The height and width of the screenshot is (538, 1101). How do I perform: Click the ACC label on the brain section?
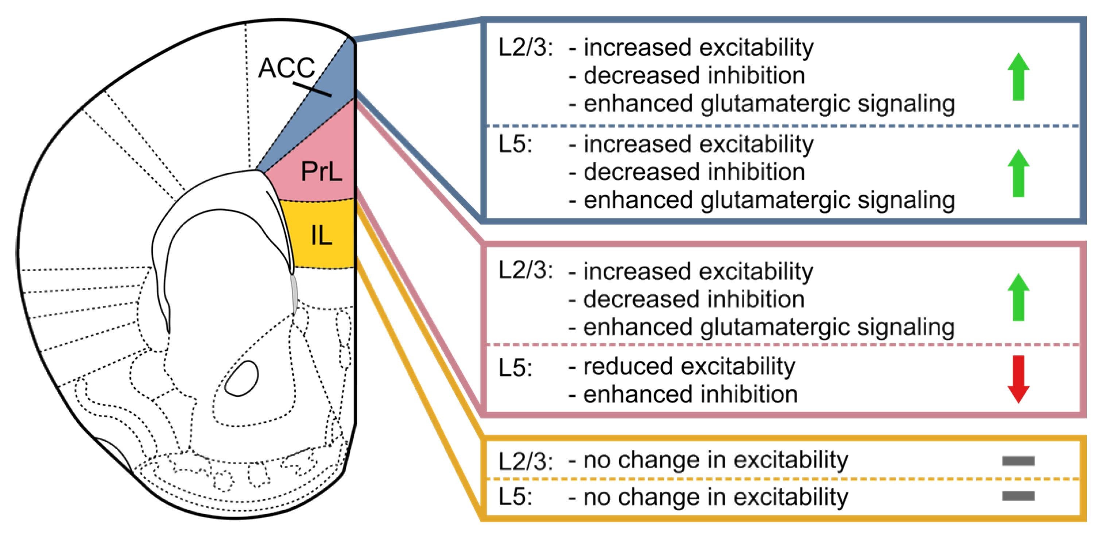point(287,67)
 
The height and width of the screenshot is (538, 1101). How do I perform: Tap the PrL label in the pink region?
point(321,172)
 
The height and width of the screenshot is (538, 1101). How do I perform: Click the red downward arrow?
point(1018,379)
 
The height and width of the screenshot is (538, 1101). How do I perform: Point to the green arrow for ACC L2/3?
point(1018,77)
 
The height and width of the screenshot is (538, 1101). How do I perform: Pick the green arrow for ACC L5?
point(1018,174)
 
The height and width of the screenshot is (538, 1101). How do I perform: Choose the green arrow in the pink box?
point(1018,297)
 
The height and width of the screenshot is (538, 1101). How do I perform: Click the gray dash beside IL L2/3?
point(1018,461)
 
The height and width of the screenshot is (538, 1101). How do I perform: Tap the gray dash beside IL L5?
point(1018,496)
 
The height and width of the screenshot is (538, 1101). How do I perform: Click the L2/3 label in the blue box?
point(525,47)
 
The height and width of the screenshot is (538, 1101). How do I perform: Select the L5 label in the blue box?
point(515,144)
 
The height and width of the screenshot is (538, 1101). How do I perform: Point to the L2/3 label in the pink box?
point(525,271)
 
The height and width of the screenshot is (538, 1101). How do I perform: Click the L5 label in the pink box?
point(515,368)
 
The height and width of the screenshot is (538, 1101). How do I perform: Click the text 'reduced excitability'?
point(689,367)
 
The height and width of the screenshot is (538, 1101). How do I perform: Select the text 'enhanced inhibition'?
point(690,394)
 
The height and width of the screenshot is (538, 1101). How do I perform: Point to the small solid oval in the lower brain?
point(242,379)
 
